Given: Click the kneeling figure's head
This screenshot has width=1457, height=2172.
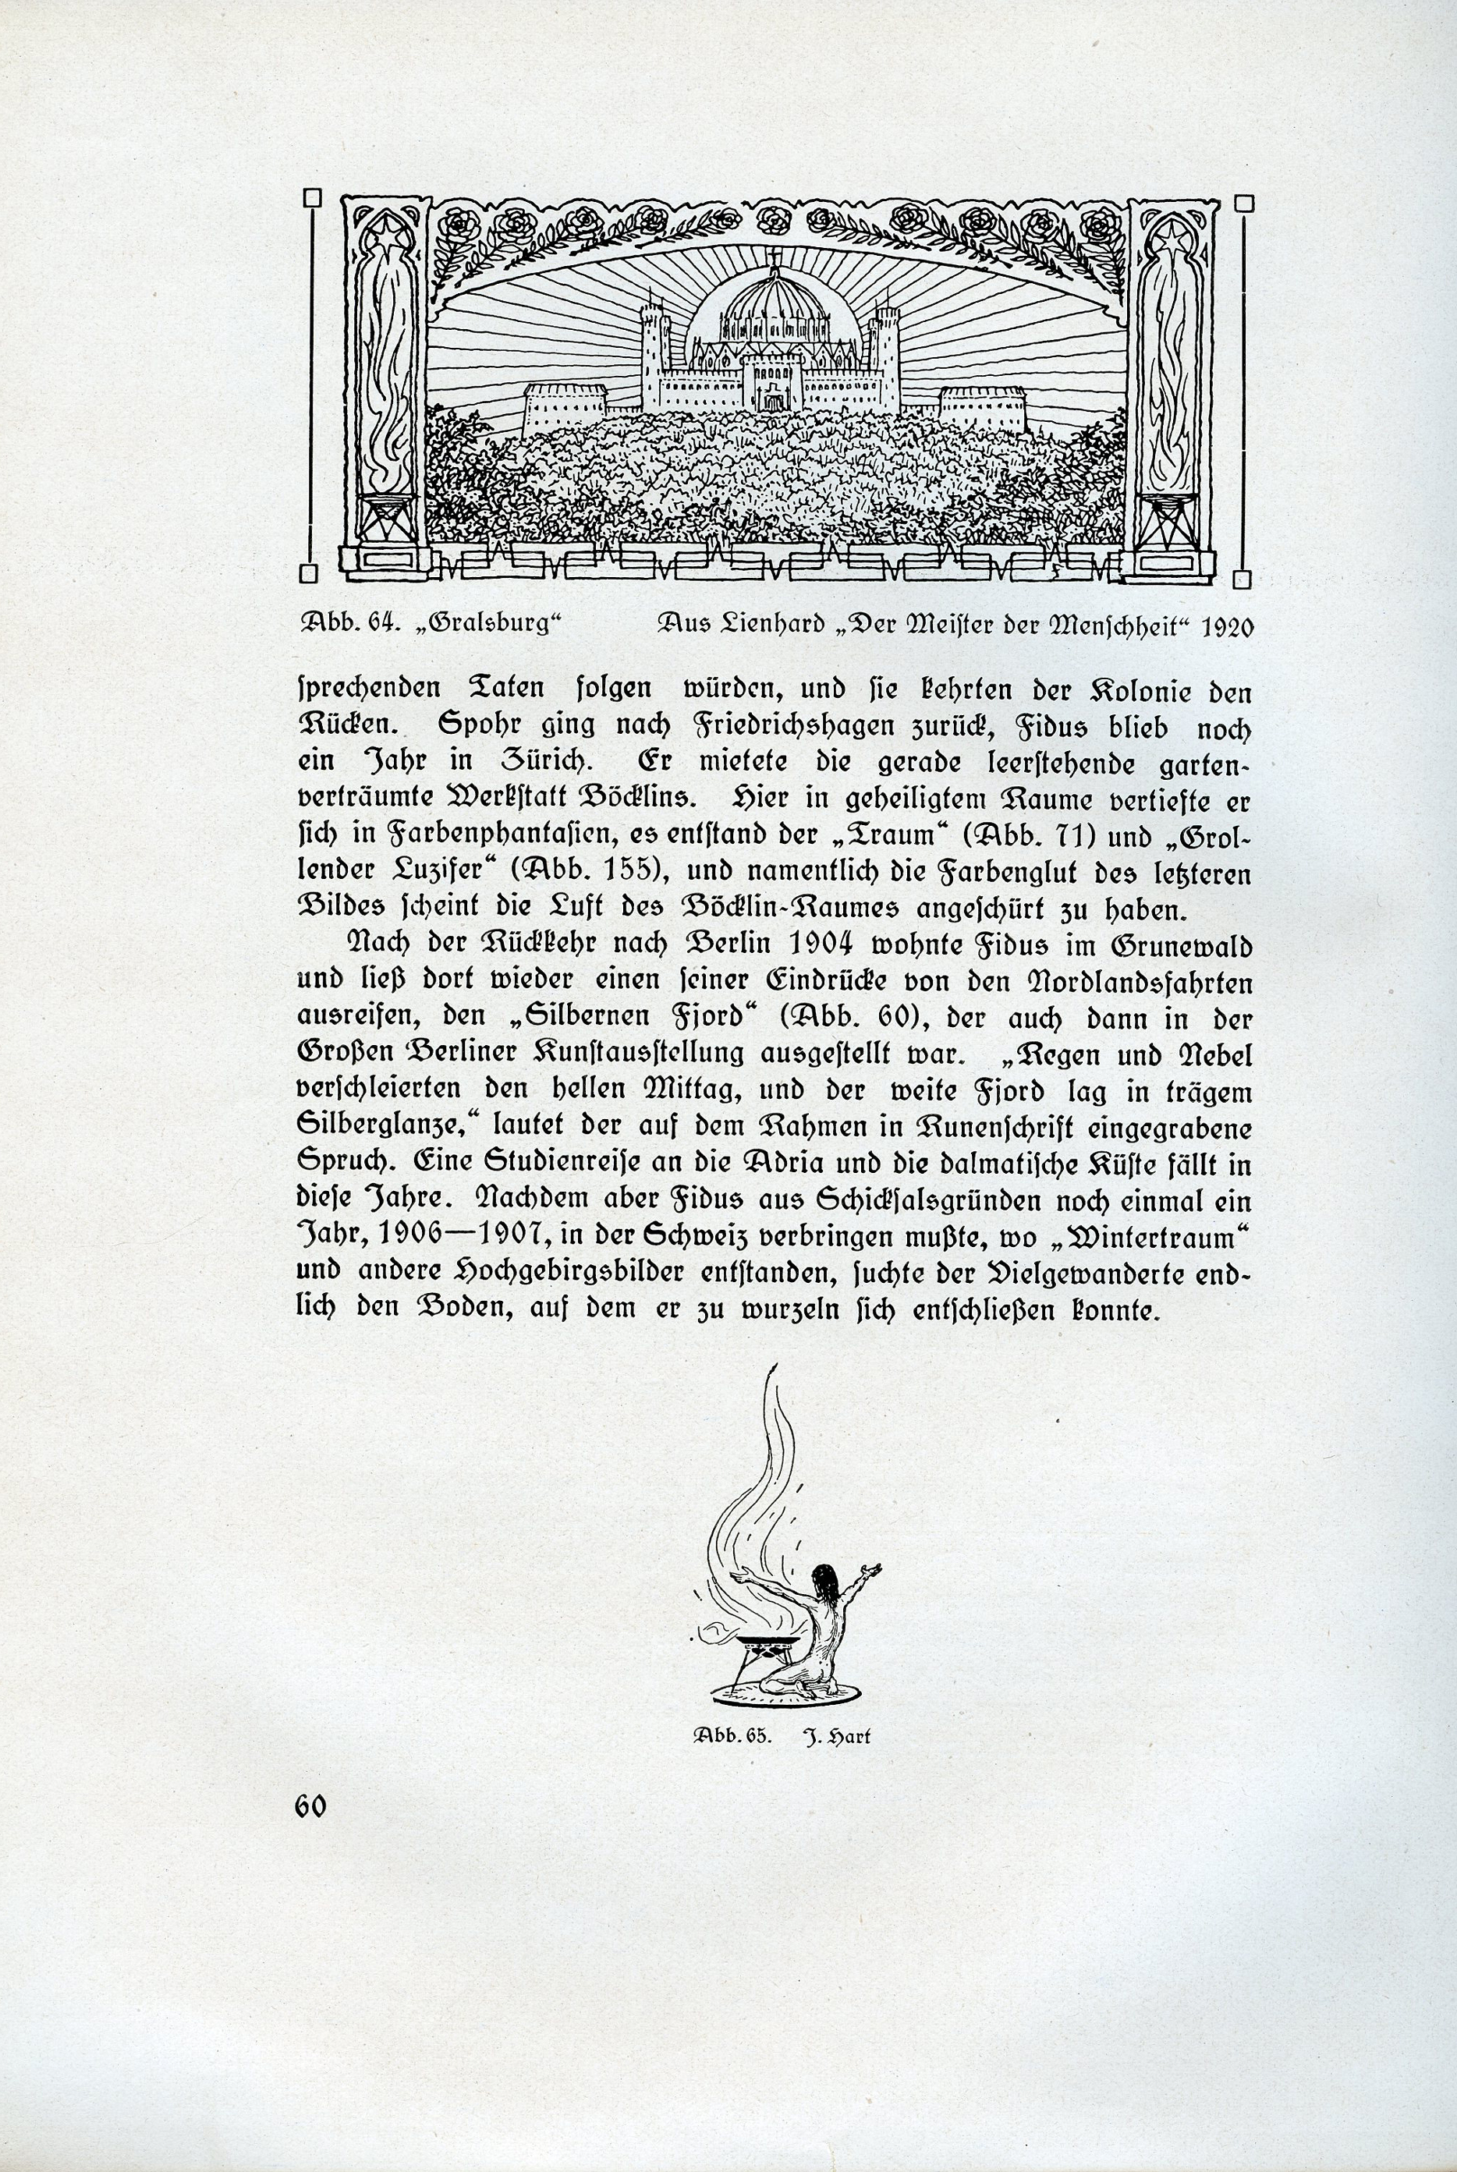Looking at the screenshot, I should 822,1579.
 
